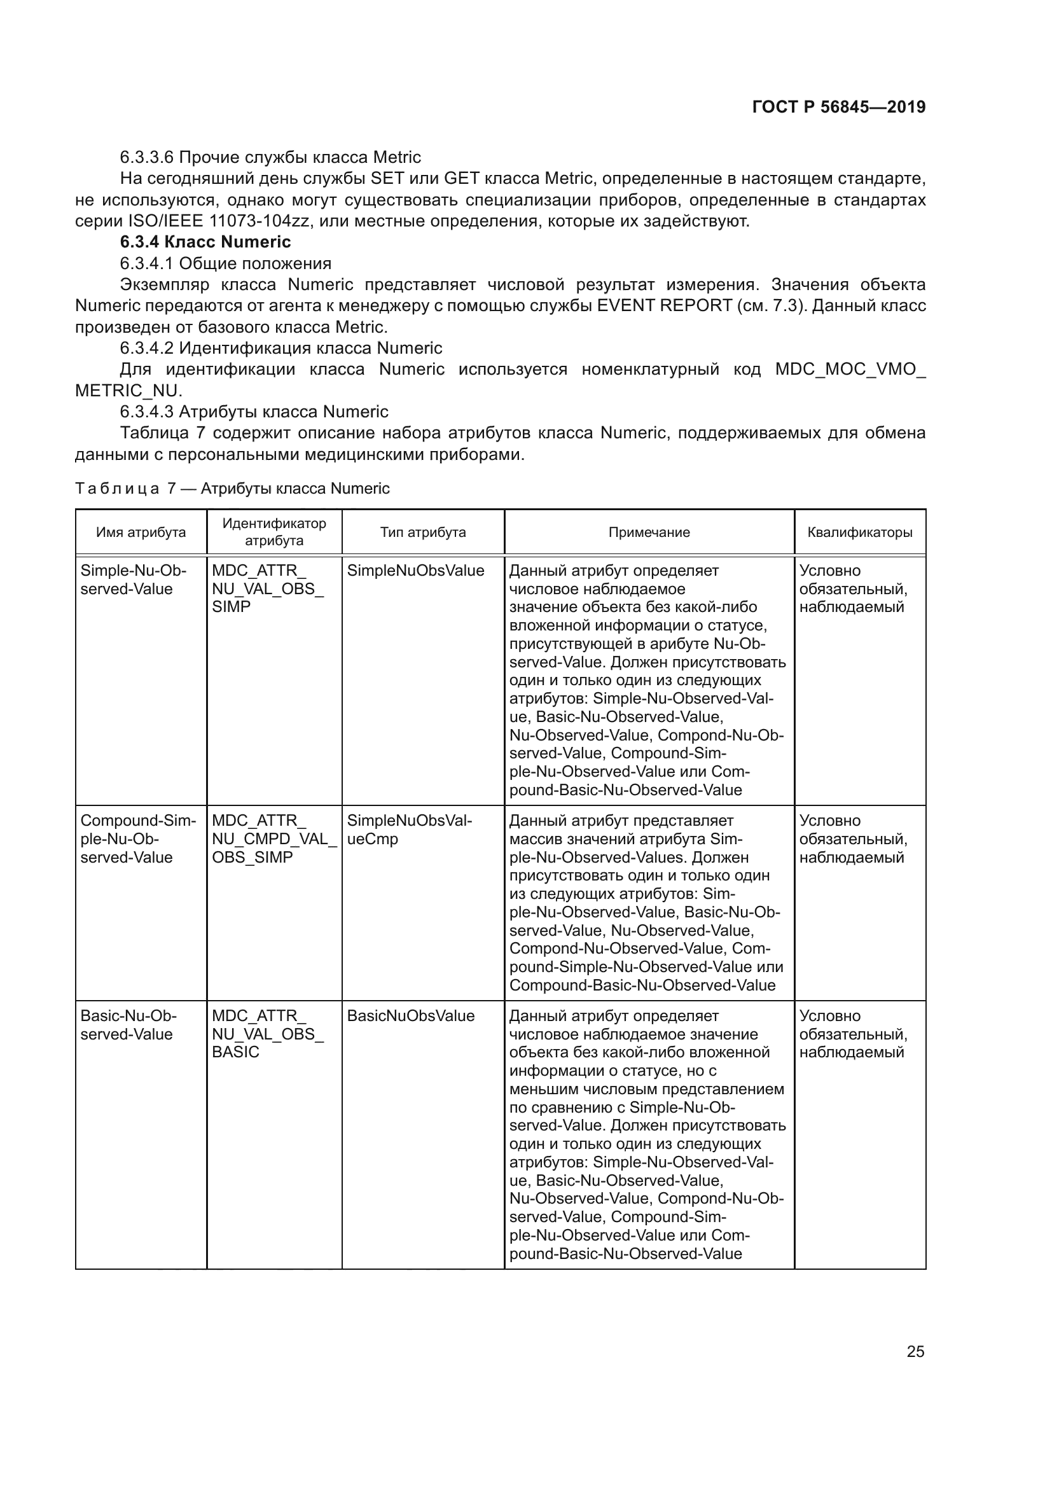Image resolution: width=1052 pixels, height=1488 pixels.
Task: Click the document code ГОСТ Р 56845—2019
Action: point(838,107)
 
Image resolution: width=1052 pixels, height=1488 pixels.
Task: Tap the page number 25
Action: point(915,1351)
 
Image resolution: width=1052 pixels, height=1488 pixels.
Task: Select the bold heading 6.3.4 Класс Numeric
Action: point(205,242)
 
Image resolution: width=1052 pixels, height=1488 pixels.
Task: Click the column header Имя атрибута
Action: point(141,532)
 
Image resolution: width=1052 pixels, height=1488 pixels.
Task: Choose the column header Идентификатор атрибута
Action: point(274,531)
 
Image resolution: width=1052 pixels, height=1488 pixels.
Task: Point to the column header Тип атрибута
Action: point(422,532)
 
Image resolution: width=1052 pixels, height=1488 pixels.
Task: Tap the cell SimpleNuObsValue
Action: point(415,570)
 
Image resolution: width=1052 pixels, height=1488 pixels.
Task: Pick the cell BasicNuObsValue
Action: point(411,1015)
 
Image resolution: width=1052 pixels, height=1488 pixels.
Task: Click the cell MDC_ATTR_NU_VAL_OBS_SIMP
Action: point(267,588)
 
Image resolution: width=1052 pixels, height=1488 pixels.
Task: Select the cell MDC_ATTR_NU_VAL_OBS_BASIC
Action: point(267,1034)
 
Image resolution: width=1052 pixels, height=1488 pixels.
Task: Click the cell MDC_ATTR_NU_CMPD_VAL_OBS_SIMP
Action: point(273,838)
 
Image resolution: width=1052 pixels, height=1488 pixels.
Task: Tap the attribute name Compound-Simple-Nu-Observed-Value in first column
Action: point(137,838)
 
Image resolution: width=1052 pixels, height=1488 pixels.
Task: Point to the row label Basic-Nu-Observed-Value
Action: point(128,1025)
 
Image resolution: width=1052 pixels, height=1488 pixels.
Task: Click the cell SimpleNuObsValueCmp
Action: point(410,830)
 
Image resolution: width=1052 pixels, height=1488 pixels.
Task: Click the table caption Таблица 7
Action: point(232,488)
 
